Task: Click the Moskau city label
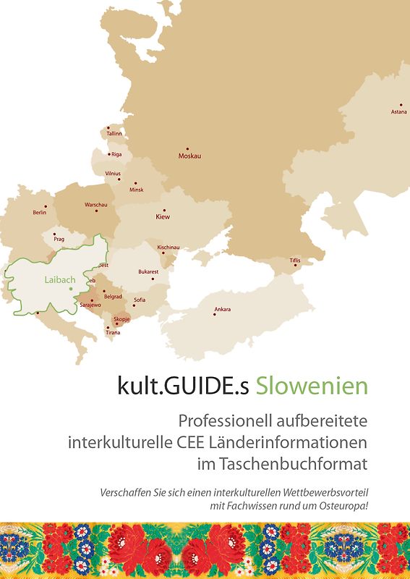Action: pos(189,156)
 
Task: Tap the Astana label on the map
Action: pos(398,111)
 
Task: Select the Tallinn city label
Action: pos(114,134)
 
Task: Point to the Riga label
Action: pos(116,154)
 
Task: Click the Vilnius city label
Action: pos(113,174)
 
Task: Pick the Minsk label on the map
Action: pos(136,190)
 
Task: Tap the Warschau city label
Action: pos(96,205)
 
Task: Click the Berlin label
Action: pos(40,213)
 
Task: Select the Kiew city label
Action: pos(163,216)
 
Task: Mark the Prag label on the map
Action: pos(59,239)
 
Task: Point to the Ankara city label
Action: pos(223,310)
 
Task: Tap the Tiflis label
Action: pos(295,260)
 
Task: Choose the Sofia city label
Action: pos(140,300)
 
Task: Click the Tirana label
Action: pos(113,332)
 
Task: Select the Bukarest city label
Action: pos(148,271)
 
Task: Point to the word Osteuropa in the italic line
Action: pos(342,504)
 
